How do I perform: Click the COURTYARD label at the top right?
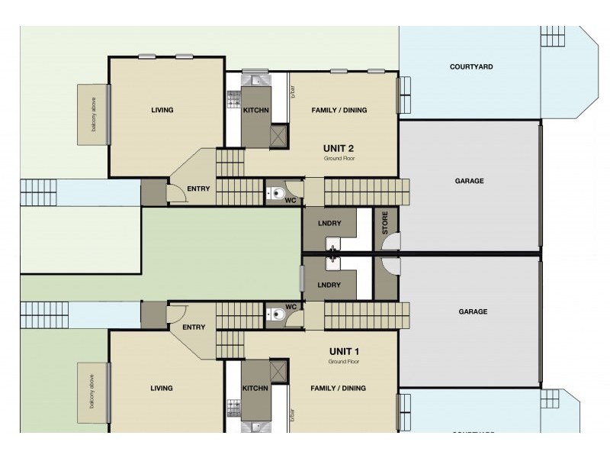(470, 67)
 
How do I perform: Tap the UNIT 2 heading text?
(339, 149)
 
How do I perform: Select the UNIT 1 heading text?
(339, 351)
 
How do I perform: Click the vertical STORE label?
(386, 222)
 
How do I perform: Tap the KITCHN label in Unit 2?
(255, 110)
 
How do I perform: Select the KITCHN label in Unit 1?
(255, 388)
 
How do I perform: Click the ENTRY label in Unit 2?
(198, 189)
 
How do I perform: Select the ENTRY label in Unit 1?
(194, 327)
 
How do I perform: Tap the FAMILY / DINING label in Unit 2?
(339, 110)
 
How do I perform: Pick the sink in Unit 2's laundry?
(334, 246)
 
